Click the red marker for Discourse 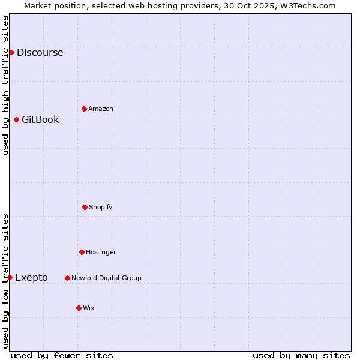click(x=11, y=52)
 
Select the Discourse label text click(x=40, y=53)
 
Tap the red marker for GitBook click(x=16, y=119)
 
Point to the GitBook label click(x=40, y=120)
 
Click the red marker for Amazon click(x=84, y=109)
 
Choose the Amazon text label click(x=101, y=109)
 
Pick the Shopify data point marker click(x=85, y=207)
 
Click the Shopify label click(x=101, y=208)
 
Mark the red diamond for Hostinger click(x=82, y=252)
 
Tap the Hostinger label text click(x=101, y=253)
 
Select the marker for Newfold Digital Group click(x=67, y=278)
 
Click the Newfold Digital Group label click(x=106, y=278)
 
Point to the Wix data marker click(x=79, y=308)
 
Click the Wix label click(x=89, y=308)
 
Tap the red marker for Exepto click(x=10, y=277)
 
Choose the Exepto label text click(x=31, y=278)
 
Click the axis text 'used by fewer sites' click(x=62, y=355)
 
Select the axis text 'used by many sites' click(x=301, y=355)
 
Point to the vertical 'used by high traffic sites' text click(x=5, y=85)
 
